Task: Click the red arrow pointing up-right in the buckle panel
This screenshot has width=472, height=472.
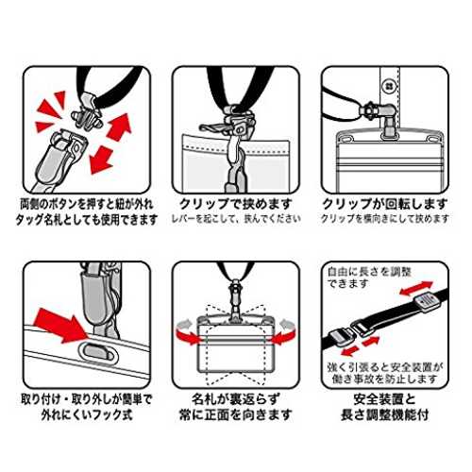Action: click(119, 126)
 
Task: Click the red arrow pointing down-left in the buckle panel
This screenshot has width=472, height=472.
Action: click(101, 160)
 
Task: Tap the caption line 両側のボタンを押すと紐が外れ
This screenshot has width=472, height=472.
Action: click(87, 205)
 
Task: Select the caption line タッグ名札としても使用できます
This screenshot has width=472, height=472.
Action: click(87, 220)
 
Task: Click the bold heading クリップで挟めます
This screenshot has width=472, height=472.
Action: click(235, 204)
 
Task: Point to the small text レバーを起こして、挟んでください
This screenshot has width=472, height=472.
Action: click(236, 219)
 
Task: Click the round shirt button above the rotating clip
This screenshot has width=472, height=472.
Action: click(390, 86)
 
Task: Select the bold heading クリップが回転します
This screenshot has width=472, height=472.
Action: click(384, 204)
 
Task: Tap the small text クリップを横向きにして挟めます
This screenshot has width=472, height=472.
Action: click(384, 219)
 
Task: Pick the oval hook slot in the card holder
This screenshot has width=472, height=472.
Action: click(98, 351)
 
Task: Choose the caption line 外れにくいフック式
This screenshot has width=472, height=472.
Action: click(87, 414)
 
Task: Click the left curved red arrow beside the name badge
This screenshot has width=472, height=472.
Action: click(188, 333)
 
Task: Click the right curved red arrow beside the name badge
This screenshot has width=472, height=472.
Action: click(283, 333)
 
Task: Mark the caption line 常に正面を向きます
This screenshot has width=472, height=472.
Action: click(236, 414)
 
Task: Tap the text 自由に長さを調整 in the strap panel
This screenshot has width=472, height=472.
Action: click(369, 272)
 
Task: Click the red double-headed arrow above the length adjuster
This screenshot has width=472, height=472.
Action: click(416, 288)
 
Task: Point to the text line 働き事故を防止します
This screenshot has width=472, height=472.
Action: click(384, 379)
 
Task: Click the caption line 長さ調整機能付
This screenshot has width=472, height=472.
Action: click(384, 414)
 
